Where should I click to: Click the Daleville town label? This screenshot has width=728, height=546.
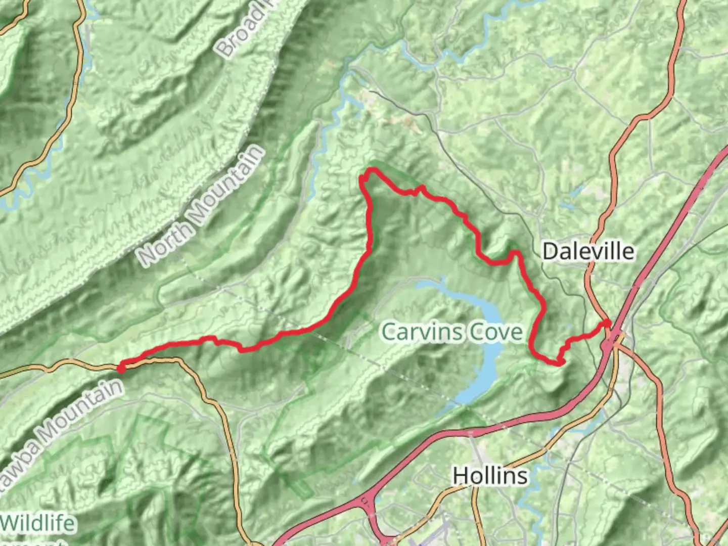[588, 251]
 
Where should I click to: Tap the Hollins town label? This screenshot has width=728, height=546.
[490, 476]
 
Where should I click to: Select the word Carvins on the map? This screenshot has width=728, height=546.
[421, 332]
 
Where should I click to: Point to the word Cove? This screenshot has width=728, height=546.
[495, 332]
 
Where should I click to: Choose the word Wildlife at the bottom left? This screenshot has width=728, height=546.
[38, 524]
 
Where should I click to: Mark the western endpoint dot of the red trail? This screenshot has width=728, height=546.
[121, 369]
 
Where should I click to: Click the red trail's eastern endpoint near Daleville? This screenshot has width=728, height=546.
[608, 323]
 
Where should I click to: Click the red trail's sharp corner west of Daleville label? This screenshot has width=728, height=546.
[516, 252]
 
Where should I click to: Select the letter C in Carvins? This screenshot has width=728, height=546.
[389, 332]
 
